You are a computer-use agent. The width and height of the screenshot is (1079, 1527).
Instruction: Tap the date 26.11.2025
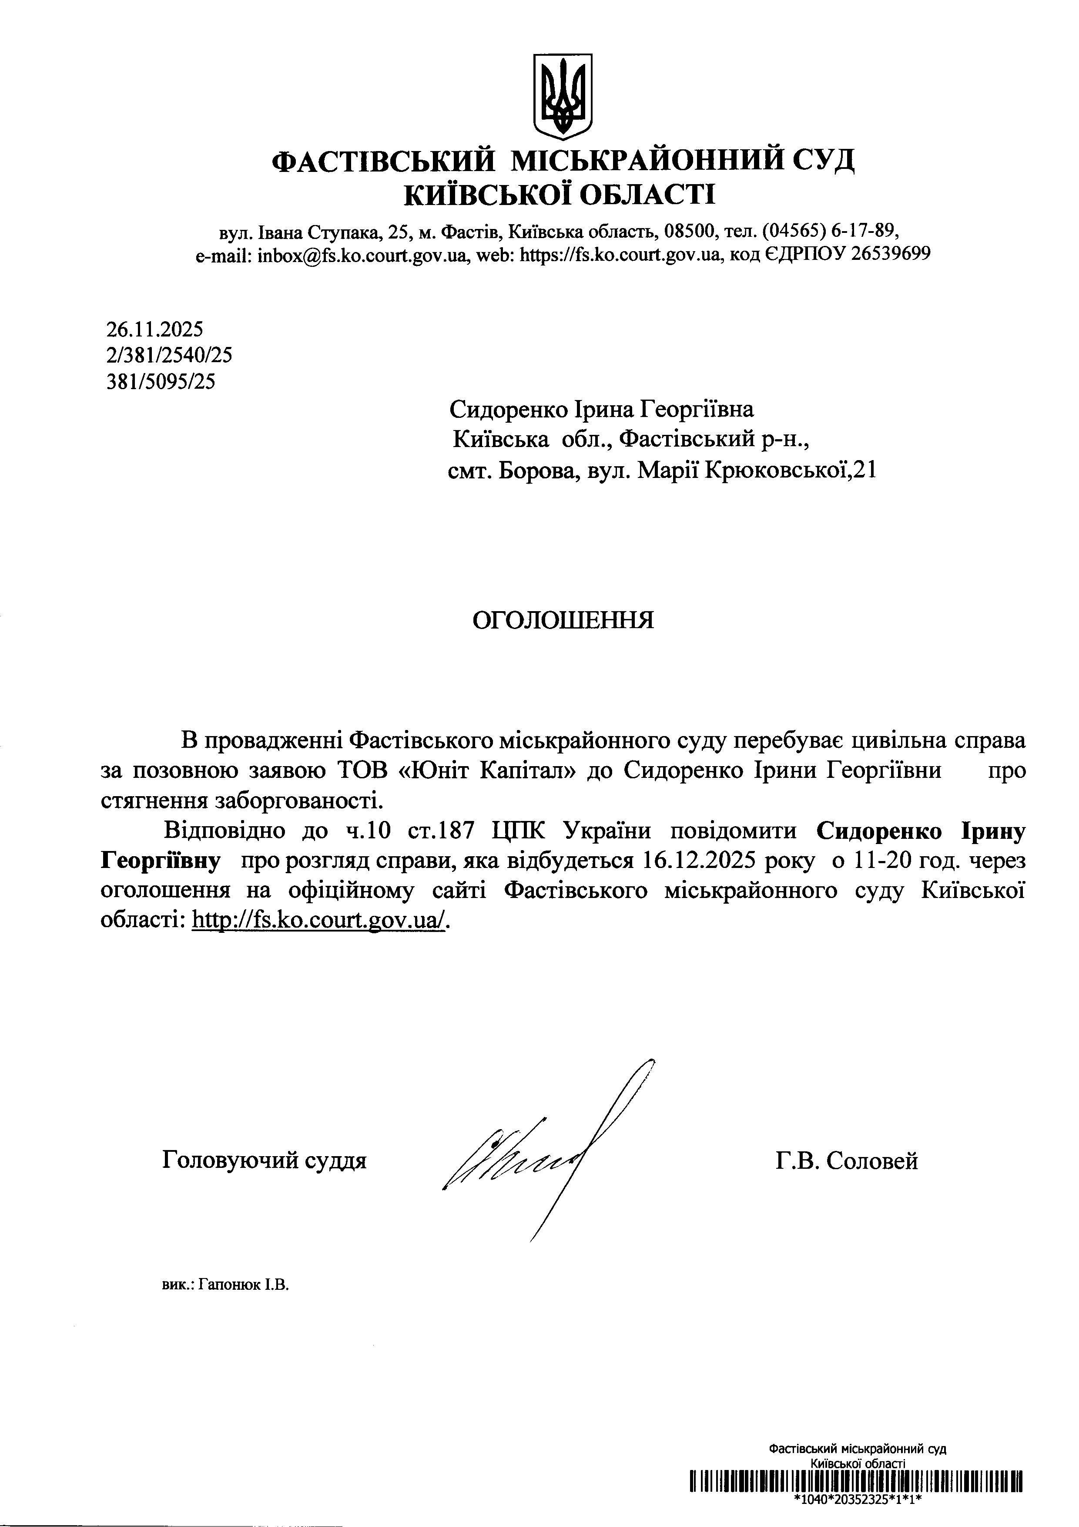(x=155, y=329)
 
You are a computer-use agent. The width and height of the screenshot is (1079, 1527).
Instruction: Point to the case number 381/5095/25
(x=161, y=382)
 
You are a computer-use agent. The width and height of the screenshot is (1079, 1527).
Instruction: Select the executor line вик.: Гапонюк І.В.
(x=225, y=1285)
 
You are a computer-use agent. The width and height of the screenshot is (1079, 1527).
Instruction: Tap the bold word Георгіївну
(x=160, y=861)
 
